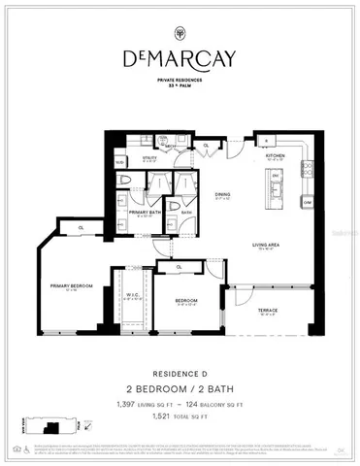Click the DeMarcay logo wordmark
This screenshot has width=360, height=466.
pos(180,59)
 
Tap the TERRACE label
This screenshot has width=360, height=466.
pos(267,311)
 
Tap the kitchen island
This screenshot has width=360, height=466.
pos(276,183)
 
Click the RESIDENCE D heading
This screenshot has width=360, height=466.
pos(180,370)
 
